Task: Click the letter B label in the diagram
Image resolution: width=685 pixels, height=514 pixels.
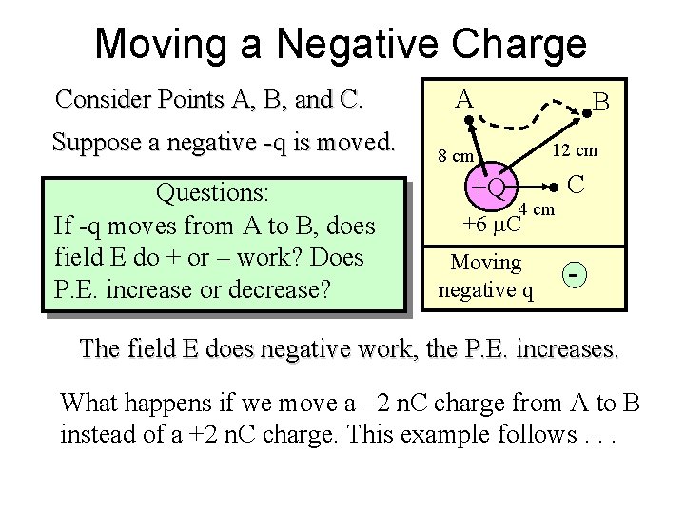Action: [x=601, y=101]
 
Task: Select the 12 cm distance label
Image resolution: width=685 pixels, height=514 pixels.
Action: [x=576, y=149]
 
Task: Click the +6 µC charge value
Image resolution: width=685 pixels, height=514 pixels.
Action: [x=492, y=225]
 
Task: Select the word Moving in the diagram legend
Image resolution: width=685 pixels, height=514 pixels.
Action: [x=485, y=262]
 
